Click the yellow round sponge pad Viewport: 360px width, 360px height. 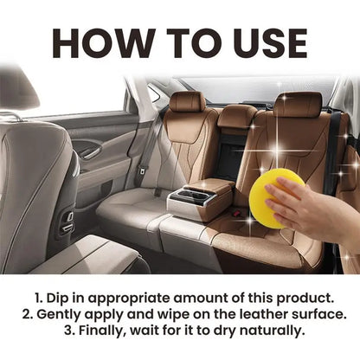[x=276, y=197]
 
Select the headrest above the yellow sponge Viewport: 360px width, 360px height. [x=298, y=106]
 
